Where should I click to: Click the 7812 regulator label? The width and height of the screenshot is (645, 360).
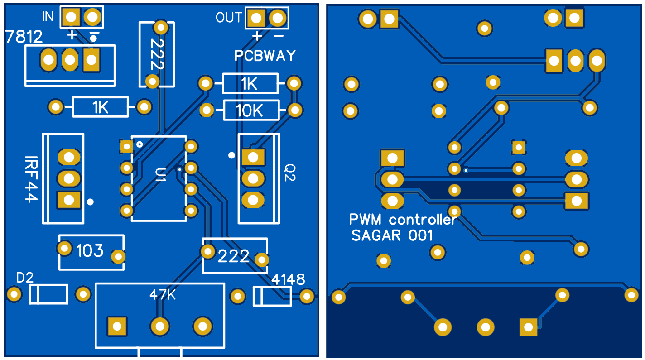coord(24,36)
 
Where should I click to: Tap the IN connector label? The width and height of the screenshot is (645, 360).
coord(48,17)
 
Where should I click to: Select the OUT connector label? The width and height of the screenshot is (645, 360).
coord(229,18)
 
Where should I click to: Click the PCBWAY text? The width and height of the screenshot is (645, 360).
coord(265,56)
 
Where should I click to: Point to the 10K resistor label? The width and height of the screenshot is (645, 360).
coord(250,110)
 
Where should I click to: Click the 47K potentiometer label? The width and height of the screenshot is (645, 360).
coord(163,295)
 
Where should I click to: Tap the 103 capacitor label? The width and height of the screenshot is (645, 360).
coord(90,250)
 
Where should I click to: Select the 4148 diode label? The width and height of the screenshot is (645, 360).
coord(288,279)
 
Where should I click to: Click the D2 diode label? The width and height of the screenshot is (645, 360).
coord(25,278)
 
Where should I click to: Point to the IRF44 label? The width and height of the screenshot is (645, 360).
coord(31,179)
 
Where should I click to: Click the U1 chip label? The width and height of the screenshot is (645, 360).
coord(160,174)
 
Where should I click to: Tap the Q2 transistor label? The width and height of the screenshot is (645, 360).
coord(290,172)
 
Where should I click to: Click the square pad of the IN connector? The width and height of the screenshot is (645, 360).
coord(71,18)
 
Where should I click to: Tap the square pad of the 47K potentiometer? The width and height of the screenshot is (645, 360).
coord(117,326)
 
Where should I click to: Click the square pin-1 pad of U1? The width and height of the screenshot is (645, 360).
coord(127,146)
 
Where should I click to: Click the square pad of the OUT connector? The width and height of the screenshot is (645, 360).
coord(256,19)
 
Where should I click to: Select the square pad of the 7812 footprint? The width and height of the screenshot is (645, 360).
coord(91,59)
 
